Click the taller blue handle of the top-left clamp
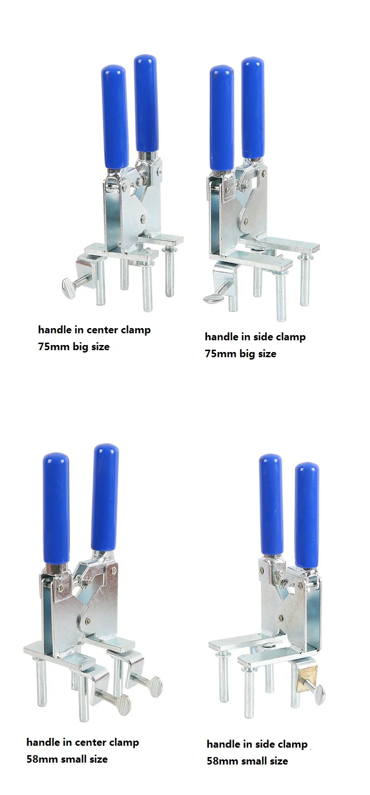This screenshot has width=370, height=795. click(x=146, y=103)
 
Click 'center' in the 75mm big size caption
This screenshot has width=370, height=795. click(x=102, y=330)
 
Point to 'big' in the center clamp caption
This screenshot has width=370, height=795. click(x=80, y=347)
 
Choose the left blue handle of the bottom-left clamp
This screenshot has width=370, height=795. click(x=56, y=509)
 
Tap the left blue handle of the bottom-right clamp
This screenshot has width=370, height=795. click(x=271, y=504)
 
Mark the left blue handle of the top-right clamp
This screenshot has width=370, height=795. click(x=222, y=117)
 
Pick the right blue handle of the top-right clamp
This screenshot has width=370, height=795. click(x=253, y=108)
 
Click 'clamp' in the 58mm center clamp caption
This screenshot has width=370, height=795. click(x=124, y=742)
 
